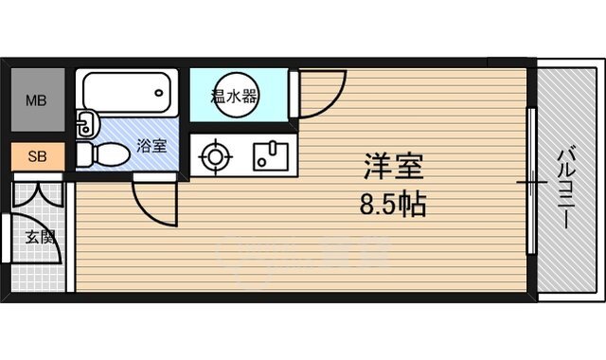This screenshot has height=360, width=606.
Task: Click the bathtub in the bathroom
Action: (129, 92)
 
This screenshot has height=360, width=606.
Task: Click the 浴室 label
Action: (151, 147)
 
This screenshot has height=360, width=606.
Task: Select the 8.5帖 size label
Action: (391, 205)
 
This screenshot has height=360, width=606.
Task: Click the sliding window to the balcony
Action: (532, 180)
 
